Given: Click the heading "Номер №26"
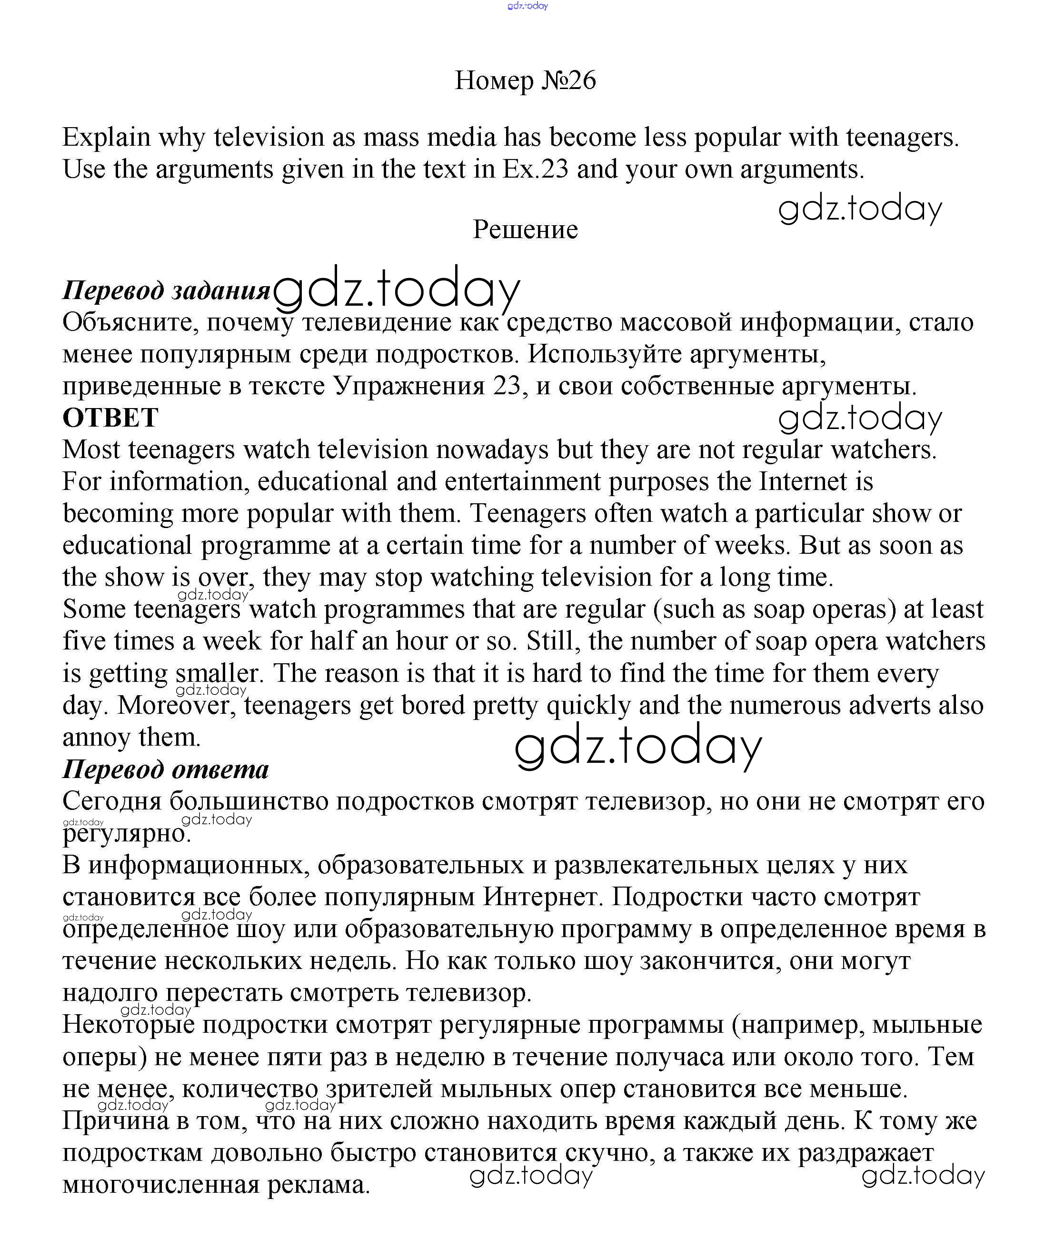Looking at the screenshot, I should (x=526, y=80).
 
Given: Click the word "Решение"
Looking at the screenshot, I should (x=526, y=230).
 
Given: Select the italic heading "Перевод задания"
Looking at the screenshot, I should (x=167, y=290).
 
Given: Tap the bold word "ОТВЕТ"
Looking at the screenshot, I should (x=110, y=418).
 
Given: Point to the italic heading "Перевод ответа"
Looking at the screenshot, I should (x=166, y=770).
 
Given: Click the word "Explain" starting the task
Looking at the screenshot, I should (x=106, y=138).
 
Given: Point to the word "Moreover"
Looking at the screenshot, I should (x=173, y=706).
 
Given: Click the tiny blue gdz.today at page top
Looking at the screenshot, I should (x=527, y=6).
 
